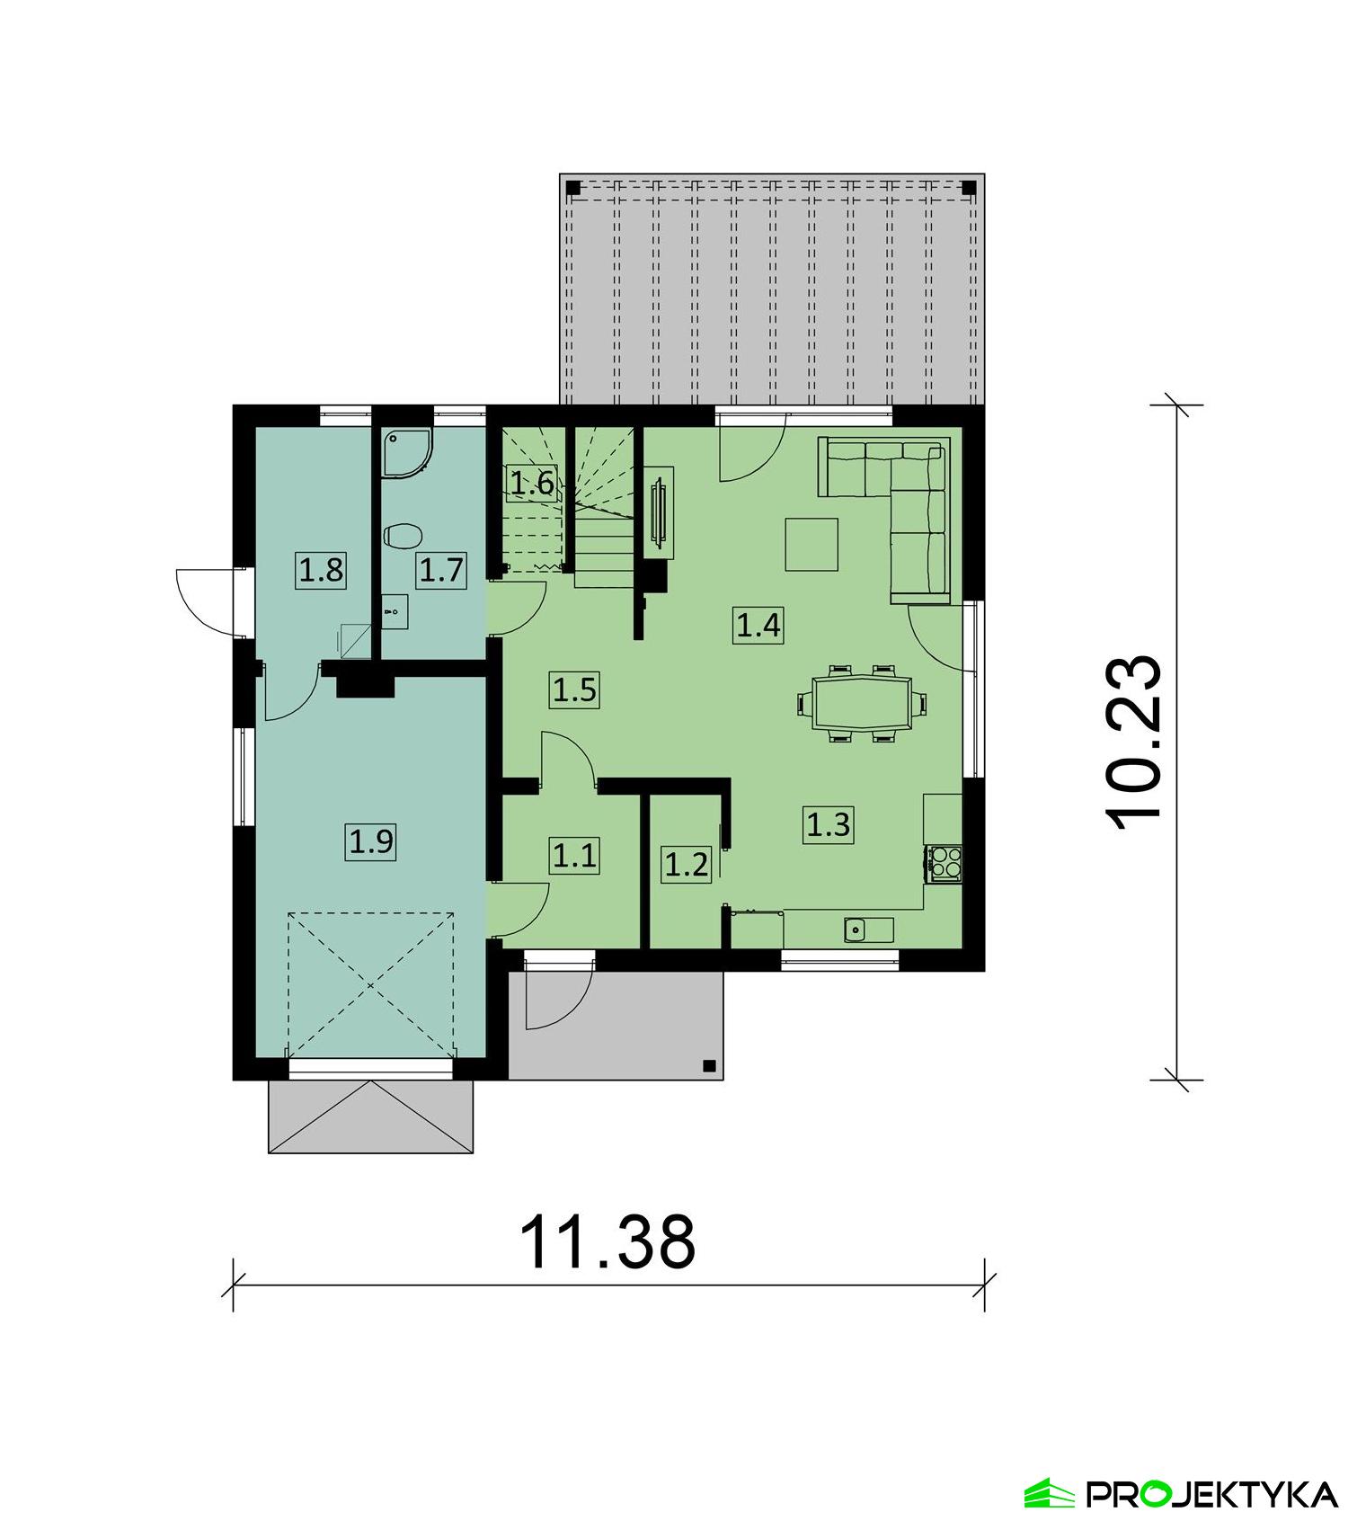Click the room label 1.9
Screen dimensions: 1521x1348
click(371, 842)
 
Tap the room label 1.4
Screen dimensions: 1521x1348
click(758, 624)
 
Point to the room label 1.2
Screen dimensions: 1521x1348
click(686, 865)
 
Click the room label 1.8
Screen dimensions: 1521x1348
click(321, 570)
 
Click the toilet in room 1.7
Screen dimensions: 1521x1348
click(403, 537)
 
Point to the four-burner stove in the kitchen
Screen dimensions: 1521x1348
click(944, 863)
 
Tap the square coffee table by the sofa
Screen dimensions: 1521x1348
click(811, 544)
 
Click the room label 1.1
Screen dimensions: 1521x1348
click(574, 856)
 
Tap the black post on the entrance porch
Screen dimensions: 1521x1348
click(708, 1065)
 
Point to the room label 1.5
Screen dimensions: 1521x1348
click(574, 690)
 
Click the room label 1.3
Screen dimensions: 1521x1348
click(828, 824)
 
